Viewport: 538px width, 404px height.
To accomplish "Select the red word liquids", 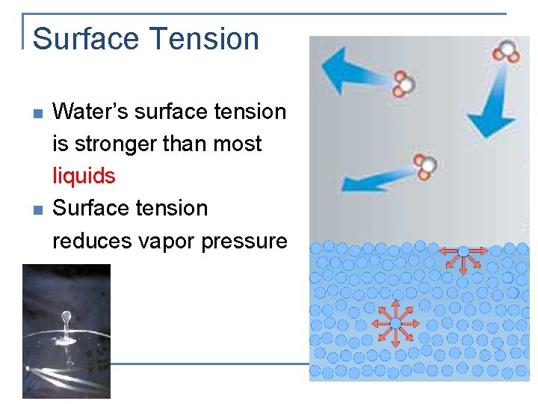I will pyautogui.click(x=84, y=177).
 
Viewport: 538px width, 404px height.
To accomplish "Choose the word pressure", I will pyautogui.click(x=250, y=241).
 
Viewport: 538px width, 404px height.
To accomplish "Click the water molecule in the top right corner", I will pyautogui.click(x=507, y=52).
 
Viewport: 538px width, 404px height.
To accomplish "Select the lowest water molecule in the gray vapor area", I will pyautogui.click(x=425, y=167).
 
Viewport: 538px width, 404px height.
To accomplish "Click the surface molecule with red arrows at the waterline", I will pyautogui.click(x=463, y=251).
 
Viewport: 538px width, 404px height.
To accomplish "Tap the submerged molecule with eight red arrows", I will pyautogui.click(x=395, y=322).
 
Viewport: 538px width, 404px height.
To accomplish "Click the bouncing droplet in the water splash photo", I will pyautogui.click(x=66, y=318).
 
